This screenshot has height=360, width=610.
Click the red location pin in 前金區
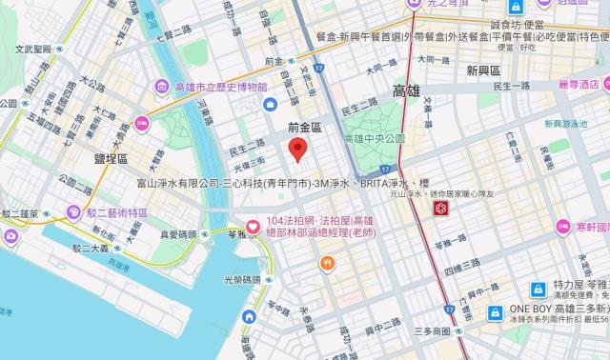tap(297, 150)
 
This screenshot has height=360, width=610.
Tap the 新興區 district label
tap(484, 70)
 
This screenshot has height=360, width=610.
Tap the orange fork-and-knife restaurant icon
tap(329, 265)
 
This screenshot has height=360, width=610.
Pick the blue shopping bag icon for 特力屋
tap(538, 287)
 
